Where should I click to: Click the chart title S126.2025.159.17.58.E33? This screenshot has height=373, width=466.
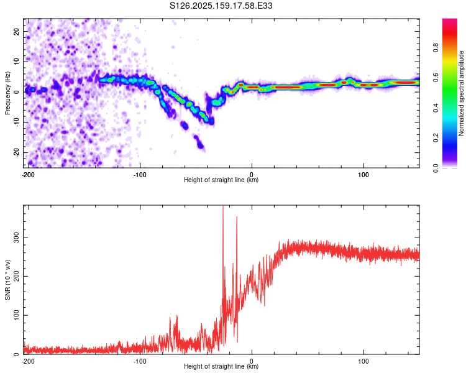tap(221, 6)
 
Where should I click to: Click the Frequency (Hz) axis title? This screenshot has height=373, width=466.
tap(7, 93)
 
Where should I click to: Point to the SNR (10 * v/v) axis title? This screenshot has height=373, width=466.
tap(7, 280)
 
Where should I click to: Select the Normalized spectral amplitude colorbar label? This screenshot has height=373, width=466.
tap(461, 93)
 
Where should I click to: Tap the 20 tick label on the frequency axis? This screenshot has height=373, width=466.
tap(16, 31)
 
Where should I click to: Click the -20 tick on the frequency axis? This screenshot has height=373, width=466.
tap(16, 152)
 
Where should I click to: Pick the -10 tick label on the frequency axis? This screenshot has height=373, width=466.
tap(16, 122)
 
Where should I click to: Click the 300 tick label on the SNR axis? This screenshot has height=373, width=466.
tap(16, 237)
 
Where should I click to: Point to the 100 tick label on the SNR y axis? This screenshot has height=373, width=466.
tap(16, 315)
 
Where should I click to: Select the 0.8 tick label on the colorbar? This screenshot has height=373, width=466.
tap(436, 48)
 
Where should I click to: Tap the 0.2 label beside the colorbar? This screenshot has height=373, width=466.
tap(436, 138)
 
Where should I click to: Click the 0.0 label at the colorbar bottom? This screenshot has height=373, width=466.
tap(436, 168)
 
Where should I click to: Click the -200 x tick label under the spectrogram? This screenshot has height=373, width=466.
tap(28, 175)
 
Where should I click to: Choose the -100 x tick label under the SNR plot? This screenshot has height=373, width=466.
tap(140, 361)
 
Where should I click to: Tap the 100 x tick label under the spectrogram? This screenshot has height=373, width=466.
tap(363, 175)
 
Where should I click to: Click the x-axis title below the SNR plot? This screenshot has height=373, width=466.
tap(221, 366)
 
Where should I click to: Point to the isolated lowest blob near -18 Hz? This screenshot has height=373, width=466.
tap(201, 145)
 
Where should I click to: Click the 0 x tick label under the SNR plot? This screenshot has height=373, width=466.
tap(252, 361)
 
